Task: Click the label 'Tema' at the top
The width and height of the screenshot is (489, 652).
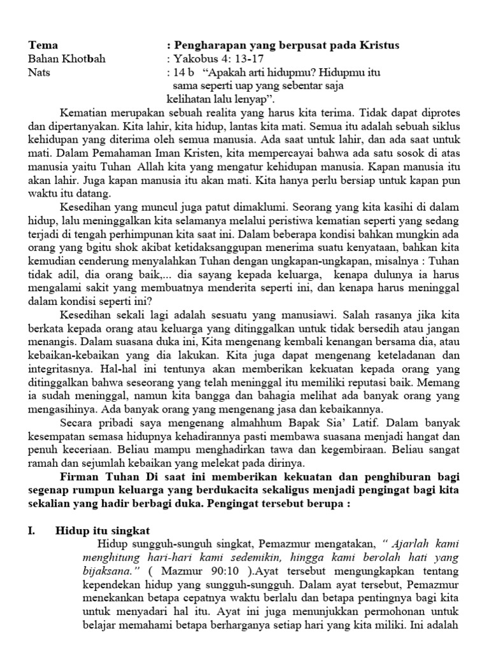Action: click(43, 45)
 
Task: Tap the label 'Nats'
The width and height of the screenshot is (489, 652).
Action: click(39, 73)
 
